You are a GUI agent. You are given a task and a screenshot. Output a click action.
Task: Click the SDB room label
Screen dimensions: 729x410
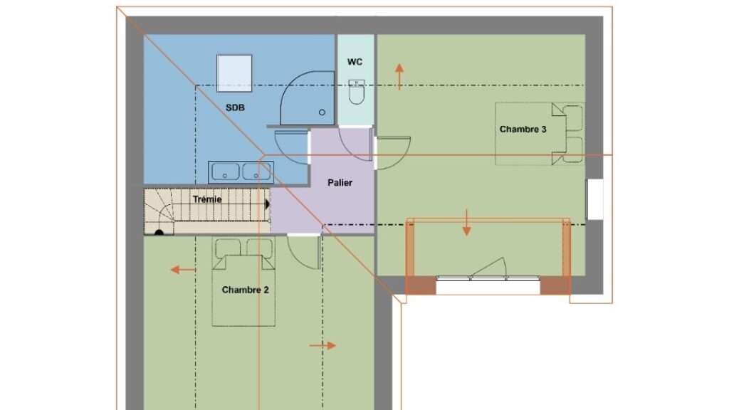click(235, 108)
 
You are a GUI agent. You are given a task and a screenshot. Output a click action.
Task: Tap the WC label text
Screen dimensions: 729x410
click(355, 62)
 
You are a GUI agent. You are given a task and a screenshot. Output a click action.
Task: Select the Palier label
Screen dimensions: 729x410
click(340, 183)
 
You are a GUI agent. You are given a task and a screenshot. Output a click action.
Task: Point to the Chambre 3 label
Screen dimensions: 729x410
click(523, 130)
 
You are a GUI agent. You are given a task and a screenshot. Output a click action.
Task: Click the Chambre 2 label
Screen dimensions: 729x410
click(245, 290)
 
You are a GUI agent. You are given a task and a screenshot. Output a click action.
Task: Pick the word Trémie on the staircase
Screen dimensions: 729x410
click(207, 199)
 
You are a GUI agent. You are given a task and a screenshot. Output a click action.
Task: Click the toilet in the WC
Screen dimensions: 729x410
click(357, 92)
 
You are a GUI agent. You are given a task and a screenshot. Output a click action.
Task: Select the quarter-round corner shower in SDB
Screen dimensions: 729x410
click(308, 98)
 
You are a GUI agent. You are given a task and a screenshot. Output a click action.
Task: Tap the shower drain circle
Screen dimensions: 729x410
click(322, 112)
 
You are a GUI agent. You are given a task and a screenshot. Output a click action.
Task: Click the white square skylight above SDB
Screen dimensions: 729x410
click(234, 73)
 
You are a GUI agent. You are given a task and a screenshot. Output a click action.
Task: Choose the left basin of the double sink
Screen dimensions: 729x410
click(226, 172)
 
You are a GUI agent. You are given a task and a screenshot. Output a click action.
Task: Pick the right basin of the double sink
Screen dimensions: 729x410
click(256, 172)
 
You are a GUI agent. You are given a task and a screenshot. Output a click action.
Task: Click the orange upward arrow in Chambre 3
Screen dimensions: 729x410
click(399, 77)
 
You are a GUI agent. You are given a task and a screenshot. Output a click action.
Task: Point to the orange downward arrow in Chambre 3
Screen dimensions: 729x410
click(466, 222)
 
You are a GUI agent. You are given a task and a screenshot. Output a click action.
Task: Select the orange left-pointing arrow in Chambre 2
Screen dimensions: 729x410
click(183, 270)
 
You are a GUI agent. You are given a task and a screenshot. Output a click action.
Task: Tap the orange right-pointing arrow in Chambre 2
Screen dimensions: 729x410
click(322, 345)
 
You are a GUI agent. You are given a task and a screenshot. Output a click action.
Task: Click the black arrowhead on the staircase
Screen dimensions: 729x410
click(268, 204)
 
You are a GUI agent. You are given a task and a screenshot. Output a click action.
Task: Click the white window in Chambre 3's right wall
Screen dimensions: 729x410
click(595, 199)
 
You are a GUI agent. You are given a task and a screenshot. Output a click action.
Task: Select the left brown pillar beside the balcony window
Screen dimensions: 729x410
click(421, 285)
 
